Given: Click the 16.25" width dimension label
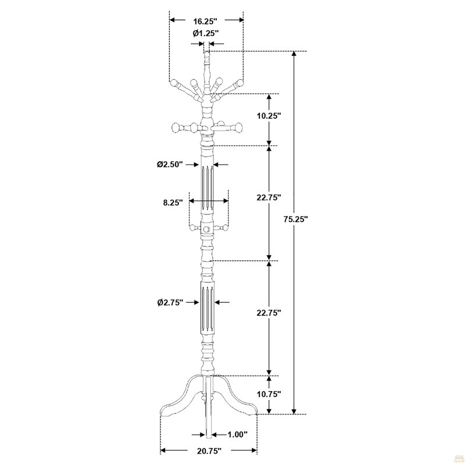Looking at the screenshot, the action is (205, 22).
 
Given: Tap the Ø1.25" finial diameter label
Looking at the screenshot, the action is (206, 33).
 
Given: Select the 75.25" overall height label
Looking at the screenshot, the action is (296, 219).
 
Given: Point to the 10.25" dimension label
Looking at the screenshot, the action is (269, 116).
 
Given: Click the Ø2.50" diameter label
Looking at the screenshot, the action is (170, 164).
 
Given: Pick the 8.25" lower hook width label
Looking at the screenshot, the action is (173, 202).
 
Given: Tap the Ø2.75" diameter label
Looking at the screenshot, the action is (170, 302).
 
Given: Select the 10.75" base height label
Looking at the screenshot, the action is (269, 394).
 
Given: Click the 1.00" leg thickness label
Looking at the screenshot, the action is (238, 435).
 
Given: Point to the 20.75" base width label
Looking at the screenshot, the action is (209, 451).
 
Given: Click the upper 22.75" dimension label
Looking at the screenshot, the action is (269, 197).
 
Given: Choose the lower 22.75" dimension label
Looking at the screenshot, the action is (269, 313).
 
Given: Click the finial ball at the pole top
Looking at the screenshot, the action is (207, 55).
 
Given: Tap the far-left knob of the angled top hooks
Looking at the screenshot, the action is (174, 83).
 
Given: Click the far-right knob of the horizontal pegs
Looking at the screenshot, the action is (239, 127).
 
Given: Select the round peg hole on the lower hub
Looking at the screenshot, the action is (207, 229).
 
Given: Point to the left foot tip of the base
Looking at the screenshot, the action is (161, 414).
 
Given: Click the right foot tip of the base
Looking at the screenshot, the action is (256, 413).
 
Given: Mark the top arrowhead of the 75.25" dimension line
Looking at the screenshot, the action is (294, 53).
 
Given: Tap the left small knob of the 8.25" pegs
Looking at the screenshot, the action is (193, 228).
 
